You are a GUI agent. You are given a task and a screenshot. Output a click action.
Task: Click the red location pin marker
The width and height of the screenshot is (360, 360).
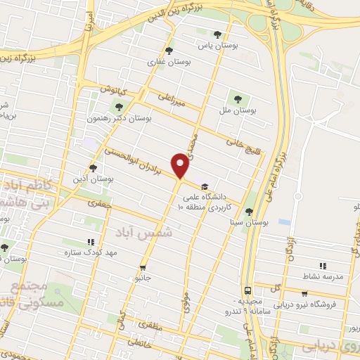[x=181, y=166]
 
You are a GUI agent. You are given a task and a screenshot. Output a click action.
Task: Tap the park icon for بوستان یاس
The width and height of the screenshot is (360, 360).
[x=217, y=34]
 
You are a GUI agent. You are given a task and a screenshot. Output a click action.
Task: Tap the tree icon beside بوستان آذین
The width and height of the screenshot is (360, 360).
[x=93, y=168]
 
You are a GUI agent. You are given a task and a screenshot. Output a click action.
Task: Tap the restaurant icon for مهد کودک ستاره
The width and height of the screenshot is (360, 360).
[x=90, y=242]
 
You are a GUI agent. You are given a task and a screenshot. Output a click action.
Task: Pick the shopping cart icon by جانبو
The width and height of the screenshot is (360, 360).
[x=143, y=267]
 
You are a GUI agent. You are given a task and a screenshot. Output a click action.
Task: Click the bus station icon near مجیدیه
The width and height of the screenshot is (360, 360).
[x=247, y=290]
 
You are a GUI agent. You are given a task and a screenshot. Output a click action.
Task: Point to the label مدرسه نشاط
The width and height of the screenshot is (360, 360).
[x=323, y=276]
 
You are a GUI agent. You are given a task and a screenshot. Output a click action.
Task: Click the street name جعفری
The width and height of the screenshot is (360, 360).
[x=101, y=203]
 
